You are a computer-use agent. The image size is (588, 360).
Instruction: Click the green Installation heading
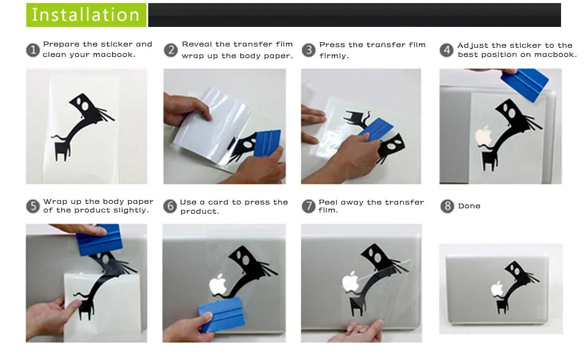pyautogui.click(x=86, y=15)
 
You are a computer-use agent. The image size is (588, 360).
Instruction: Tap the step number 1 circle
pyautogui.click(x=33, y=50)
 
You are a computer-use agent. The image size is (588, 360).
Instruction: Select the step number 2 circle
pyautogui.click(x=171, y=50)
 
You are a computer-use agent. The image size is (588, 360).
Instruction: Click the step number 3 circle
pyautogui.click(x=309, y=50)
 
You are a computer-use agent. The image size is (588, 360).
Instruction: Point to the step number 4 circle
pyautogui.click(x=447, y=50)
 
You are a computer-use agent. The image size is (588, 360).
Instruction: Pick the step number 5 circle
pyautogui.click(x=33, y=206)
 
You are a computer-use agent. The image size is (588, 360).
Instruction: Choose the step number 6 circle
pyautogui.click(x=170, y=206)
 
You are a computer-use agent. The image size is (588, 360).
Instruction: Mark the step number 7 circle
pyautogui.click(x=309, y=206)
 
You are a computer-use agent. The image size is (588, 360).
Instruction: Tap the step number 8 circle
pyautogui.click(x=447, y=206)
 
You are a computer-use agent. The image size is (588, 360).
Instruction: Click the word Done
pyautogui.click(x=469, y=206)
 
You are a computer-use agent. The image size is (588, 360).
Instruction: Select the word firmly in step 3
pyautogui.click(x=334, y=56)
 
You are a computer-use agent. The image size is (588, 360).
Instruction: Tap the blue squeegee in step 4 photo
pyautogui.click(x=525, y=84)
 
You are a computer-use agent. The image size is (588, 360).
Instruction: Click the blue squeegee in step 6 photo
pyautogui.click(x=221, y=315)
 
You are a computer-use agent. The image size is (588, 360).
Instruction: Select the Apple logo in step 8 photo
pyautogui.click(x=497, y=289)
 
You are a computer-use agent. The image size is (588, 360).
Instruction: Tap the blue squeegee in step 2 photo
pyautogui.click(x=268, y=143)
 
